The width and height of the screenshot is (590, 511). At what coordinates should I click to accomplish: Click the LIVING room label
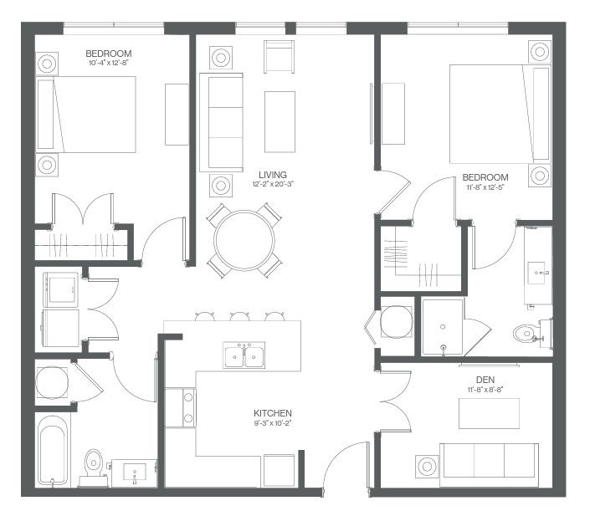[273, 175]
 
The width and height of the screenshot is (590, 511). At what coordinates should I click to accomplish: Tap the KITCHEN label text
[273, 413]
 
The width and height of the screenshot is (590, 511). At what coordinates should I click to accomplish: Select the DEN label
[485, 380]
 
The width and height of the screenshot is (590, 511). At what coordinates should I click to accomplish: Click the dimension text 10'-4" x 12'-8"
[109, 63]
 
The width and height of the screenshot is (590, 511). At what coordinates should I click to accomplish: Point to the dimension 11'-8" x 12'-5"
[485, 187]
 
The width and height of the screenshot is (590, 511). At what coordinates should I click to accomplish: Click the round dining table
[244, 240]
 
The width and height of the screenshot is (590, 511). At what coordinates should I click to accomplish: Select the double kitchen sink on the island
[244, 355]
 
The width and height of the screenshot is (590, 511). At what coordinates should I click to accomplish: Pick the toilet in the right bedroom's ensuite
[529, 332]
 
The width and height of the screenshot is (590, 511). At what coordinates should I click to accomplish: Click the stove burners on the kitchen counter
[188, 407]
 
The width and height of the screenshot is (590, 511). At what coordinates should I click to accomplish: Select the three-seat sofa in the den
[490, 465]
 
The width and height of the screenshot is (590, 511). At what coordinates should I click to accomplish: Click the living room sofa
[221, 122]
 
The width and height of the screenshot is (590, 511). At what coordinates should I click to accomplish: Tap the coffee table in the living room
[280, 122]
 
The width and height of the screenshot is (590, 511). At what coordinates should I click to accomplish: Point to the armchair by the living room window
[279, 56]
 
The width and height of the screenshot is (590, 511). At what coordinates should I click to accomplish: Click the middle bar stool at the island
[239, 316]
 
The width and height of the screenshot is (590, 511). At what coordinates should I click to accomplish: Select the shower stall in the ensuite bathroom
[443, 327]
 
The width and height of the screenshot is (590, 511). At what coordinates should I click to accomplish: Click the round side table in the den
[427, 466]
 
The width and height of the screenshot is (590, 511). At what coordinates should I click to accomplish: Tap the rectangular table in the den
[490, 413]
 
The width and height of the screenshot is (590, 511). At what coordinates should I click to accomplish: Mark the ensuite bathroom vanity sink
[537, 272]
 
